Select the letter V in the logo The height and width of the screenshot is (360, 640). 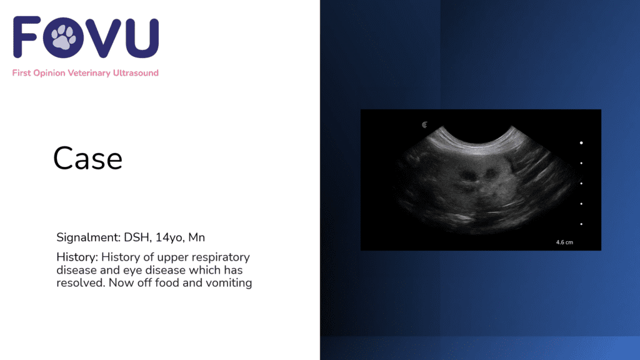[x=104, y=37]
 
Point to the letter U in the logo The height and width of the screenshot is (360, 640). [x=142, y=37]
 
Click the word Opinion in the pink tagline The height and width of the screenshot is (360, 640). [x=49, y=73]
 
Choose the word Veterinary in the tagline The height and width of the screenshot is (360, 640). [x=89, y=73]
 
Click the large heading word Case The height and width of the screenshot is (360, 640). [x=87, y=158]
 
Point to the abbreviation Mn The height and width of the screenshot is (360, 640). [x=196, y=237]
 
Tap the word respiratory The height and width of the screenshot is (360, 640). [x=221, y=257]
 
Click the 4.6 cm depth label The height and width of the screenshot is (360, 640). [x=564, y=242]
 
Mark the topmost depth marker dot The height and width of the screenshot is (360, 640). [x=581, y=143]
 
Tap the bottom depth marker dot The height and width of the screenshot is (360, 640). [x=581, y=224]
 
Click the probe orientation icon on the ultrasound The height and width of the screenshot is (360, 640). [x=424, y=125]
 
